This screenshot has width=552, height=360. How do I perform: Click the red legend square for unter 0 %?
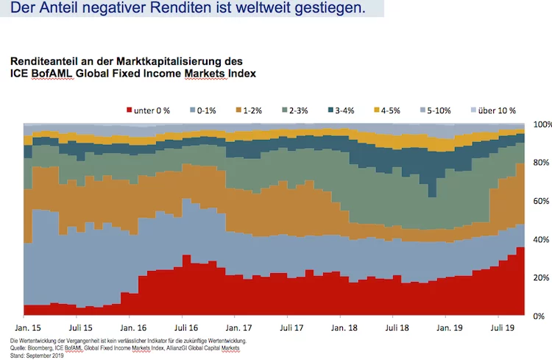(x=130, y=110)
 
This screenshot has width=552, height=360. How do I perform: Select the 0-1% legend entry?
(x=203, y=110)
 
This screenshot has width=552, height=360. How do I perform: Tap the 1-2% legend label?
(x=252, y=110)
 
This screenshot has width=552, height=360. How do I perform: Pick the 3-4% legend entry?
(x=341, y=110)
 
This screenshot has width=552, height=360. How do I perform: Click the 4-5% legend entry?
(x=387, y=110)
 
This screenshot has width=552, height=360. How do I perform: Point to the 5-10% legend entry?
(x=436, y=110)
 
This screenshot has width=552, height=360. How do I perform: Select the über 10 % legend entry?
(x=493, y=110)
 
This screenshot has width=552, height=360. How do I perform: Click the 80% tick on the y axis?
(x=541, y=163)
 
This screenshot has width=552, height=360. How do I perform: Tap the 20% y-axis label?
(x=541, y=278)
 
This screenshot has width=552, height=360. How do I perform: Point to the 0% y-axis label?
(x=539, y=316)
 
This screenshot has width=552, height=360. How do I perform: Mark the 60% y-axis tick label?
(x=541, y=201)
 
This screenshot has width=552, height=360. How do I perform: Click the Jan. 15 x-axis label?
(x=28, y=328)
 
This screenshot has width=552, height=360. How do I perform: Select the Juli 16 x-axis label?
(x=186, y=328)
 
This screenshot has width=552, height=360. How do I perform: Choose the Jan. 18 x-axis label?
(x=344, y=328)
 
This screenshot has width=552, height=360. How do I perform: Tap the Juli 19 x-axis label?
(x=503, y=328)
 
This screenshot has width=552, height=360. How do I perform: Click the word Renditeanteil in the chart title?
(x=44, y=61)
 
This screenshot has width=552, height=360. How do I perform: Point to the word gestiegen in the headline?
(x=330, y=7)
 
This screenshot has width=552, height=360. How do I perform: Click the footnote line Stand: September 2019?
(x=37, y=356)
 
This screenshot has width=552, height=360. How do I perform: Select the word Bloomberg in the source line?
(x=40, y=348)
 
